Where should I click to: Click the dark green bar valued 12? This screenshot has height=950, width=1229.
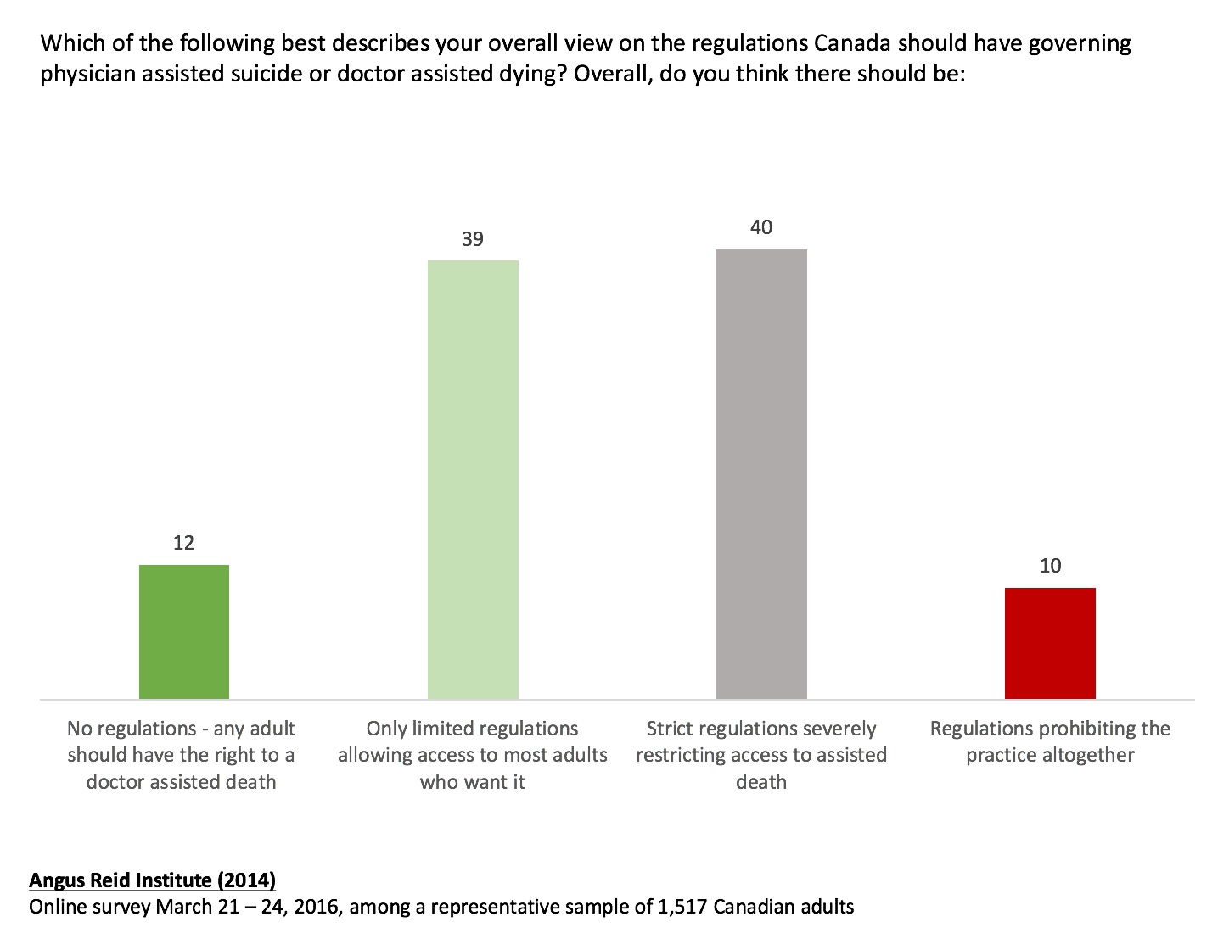[x=184, y=632]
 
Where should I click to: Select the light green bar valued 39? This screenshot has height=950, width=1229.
[x=473, y=479]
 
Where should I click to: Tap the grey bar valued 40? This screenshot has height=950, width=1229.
[x=761, y=474]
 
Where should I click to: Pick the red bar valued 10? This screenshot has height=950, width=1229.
[x=1050, y=643]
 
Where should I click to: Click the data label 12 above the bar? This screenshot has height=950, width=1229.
[x=184, y=543]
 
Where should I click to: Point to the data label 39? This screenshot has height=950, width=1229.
[x=473, y=239]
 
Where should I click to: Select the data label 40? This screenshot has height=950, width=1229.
[x=761, y=227]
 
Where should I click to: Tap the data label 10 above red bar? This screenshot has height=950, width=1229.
[x=1050, y=566]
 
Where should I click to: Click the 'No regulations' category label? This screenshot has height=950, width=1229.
[x=182, y=755]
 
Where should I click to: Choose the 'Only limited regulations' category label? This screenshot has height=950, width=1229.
[x=473, y=755]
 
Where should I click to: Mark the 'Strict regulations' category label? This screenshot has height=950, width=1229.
[x=761, y=755]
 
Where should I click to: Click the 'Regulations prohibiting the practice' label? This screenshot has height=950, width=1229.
[x=1050, y=742]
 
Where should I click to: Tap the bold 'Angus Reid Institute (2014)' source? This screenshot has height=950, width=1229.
[x=152, y=880]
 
